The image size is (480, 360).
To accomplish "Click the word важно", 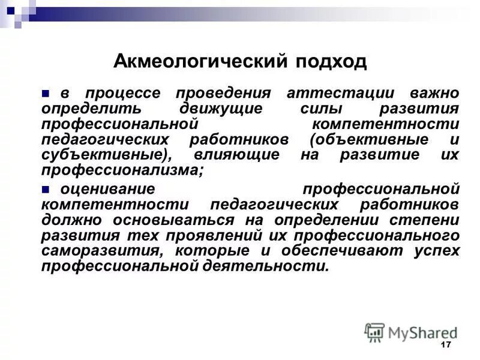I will tap(434, 94).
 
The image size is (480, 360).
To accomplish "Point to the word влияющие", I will tap(236, 155).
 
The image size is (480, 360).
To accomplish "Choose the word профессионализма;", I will tap(122, 170).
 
